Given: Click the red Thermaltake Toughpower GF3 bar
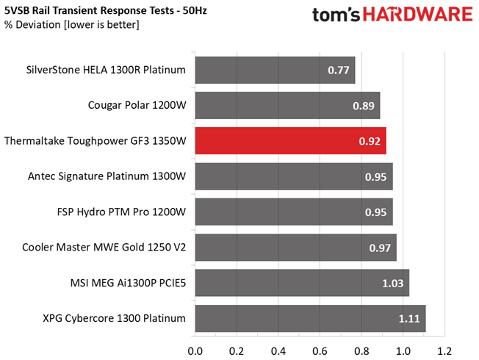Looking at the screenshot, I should (x=290, y=140).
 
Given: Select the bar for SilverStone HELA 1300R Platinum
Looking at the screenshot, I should (x=275, y=71).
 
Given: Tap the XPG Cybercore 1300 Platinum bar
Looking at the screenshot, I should (x=310, y=318).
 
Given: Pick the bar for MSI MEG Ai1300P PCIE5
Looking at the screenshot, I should (x=301, y=283).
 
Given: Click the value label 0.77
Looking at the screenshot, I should (x=339, y=71).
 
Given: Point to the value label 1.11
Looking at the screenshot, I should (x=409, y=319).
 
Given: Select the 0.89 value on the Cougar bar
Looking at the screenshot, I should (x=364, y=106).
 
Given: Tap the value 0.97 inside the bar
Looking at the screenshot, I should (x=381, y=248).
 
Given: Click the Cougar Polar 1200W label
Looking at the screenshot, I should (x=138, y=106).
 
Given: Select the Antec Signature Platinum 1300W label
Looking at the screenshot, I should (x=107, y=176).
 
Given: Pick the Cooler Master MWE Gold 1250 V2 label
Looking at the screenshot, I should (x=104, y=248).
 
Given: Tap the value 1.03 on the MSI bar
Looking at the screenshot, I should (x=393, y=284).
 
